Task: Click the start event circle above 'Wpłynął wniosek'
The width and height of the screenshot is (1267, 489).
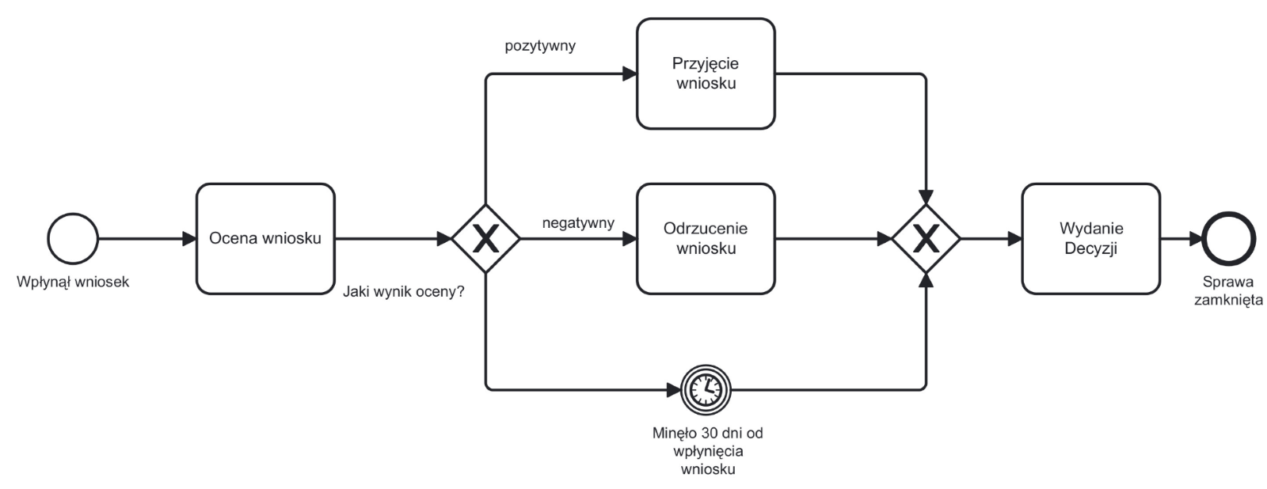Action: tap(73, 238)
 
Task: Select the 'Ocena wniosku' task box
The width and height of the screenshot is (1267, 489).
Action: tap(265, 239)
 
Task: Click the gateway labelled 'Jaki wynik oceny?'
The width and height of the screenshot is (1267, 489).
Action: tap(485, 238)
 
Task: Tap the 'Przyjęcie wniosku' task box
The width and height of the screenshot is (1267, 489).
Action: tap(706, 74)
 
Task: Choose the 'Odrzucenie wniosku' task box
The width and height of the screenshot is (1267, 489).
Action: tap(706, 239)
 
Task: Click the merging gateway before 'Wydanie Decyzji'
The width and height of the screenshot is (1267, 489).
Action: tap(926, 238)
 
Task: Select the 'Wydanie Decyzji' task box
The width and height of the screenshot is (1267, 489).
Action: tap(1090, 239)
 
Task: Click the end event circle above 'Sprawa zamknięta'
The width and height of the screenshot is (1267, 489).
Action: tap(1228, 238)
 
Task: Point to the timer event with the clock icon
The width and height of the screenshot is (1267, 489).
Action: tap(705, 389)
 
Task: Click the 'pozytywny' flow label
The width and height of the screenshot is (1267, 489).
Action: tap(540, 46)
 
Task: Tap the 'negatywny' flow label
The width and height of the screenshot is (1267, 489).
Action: tap(578, 223)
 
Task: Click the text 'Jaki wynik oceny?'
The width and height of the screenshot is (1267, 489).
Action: tap(404, 292)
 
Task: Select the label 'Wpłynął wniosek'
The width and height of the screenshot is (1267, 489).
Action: tap(73, 282)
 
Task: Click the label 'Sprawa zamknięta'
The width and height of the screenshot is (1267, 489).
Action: tap(1228, 291)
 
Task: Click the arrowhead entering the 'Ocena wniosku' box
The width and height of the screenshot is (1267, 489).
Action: tap(189, 239)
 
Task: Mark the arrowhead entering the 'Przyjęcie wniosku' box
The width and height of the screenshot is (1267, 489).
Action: tap(630, 74)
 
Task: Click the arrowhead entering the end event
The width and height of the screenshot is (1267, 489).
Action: tap(1194, 239)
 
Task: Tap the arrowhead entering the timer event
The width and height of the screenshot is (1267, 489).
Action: tap(673, 389)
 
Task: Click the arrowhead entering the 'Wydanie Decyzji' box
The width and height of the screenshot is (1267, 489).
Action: tap(1014, 239)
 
